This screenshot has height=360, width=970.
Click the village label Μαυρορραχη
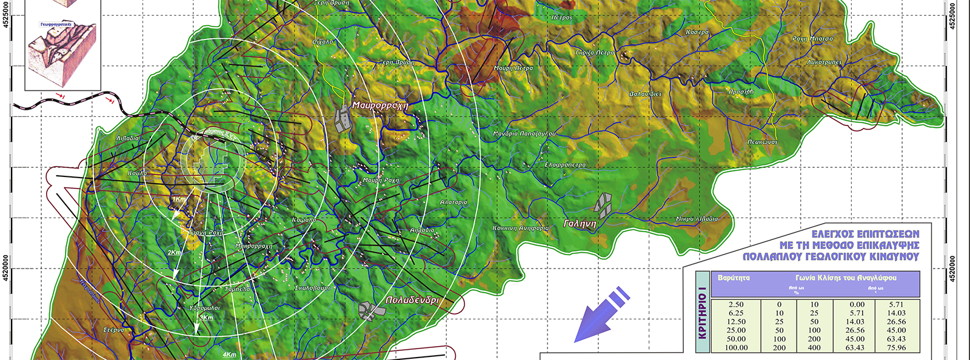coord(380,105)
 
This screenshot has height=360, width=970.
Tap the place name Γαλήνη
coord(580,224)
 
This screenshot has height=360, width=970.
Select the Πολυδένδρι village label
coord(412,300)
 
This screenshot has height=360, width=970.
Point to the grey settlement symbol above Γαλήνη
coord(602,205)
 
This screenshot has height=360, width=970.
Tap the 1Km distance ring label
coord(179,199)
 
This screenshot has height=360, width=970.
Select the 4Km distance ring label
coord(229,355)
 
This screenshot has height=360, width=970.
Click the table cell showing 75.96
coord(896,347)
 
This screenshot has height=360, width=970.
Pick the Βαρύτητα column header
coord(734,278)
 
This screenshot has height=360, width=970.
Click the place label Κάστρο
coord(697,32)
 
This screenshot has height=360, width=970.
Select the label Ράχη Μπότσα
coord(812,39)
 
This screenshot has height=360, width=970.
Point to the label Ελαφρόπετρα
coord(565,164)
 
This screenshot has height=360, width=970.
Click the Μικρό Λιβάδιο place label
coord(697,219)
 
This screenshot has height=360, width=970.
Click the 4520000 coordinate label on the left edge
coord(6,267)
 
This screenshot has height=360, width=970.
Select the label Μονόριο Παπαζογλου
coord(524,133)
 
